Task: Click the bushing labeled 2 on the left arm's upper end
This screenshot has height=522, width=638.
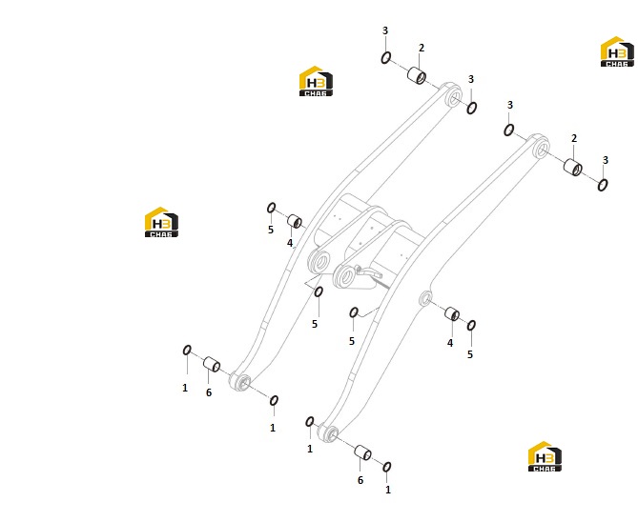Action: (x=417, y=75)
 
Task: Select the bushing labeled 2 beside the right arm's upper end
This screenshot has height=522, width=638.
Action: (x=573, y=167)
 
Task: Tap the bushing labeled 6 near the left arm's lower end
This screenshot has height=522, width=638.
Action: (x=212, y=364)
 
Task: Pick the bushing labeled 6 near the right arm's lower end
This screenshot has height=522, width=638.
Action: (x=362, y=452)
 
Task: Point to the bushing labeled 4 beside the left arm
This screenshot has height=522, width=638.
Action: (x=295, y=221)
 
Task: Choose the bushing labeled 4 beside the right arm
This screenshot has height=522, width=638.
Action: (x=452, y=313)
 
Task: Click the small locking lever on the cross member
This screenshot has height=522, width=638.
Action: (x=368, y=272)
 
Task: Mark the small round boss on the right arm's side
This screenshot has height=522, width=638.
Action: (x=425, y=299)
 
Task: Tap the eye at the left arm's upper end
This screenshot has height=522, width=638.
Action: (x=452, y=95)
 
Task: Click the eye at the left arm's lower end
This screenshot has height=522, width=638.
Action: (x=240, y=381)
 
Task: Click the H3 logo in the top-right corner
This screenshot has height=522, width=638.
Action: (x=617, y=51)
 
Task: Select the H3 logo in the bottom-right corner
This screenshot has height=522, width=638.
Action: (x=545, y=456)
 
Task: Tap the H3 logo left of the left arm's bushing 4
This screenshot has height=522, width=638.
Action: (x=161, y=222)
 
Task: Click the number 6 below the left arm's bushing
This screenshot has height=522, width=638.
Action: (x=209, y=392)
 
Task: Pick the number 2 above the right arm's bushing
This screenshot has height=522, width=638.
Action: (x=574, y=138)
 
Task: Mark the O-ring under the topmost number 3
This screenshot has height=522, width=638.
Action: (x=385, y=58)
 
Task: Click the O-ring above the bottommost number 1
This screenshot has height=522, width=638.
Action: (x=387, y=467)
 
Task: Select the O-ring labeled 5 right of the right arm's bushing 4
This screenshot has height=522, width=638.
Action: (x=471, y=325)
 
